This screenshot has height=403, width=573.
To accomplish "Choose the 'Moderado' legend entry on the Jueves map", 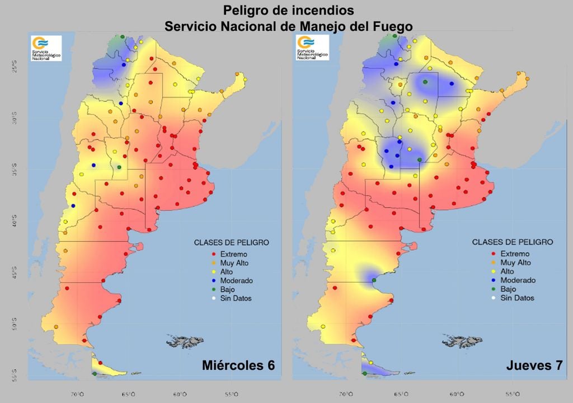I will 518,280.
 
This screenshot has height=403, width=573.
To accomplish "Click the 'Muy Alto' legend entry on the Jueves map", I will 515,263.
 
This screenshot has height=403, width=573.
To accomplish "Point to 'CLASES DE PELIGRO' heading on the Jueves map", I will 513,242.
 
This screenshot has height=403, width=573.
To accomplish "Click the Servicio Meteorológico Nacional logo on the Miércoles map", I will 46,48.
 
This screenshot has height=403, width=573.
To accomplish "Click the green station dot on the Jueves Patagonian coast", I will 374,280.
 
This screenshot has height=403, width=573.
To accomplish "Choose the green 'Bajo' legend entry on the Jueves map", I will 508,289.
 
